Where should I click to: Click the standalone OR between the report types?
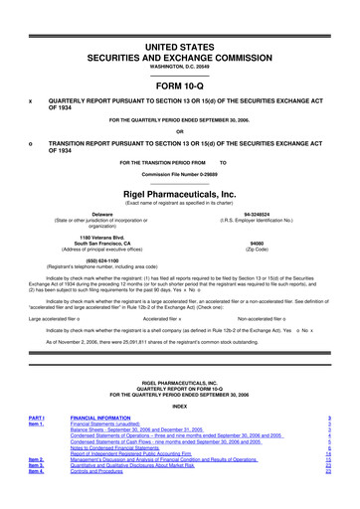point(179,132)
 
